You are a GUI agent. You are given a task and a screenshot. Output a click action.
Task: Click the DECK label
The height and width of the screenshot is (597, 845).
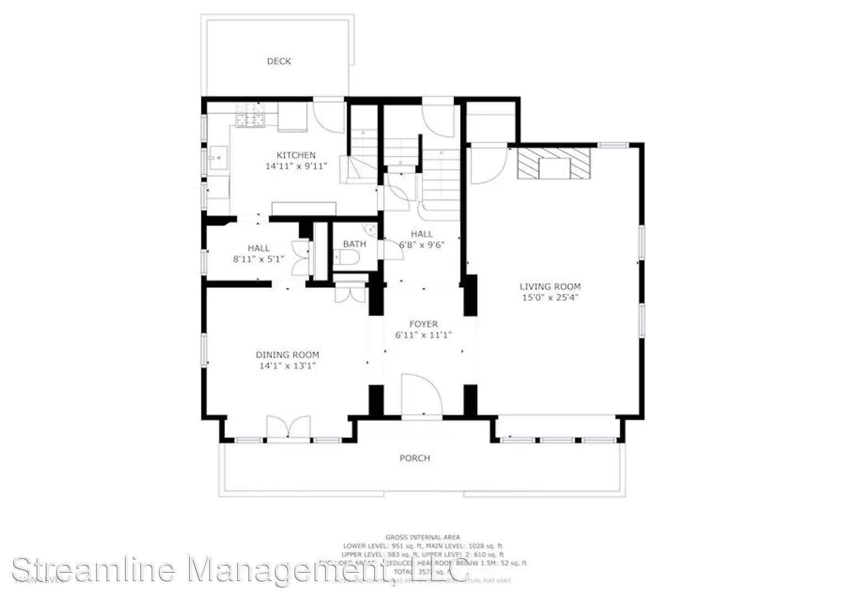click(279, 61)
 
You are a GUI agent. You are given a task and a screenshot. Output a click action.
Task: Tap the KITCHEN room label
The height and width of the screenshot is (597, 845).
click(296, 155)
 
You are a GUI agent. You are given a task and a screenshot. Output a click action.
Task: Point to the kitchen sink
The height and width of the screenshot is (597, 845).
click(219, 158)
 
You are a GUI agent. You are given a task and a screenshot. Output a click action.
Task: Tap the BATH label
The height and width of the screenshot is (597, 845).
click(354, 244)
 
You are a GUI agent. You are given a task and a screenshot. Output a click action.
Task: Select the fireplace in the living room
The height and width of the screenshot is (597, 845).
click(554, 163)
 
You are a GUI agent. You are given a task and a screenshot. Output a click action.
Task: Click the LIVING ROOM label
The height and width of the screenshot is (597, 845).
click(550, 286)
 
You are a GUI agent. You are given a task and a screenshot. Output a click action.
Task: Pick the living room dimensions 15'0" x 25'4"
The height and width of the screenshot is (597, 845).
click(550, 297)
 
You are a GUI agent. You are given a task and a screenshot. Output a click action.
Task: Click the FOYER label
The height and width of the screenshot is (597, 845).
click(424, 324)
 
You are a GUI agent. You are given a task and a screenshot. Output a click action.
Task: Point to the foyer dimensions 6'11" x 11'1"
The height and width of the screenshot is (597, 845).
click(424, 334)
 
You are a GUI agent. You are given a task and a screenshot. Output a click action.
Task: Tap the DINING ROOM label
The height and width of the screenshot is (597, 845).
click(287, 355)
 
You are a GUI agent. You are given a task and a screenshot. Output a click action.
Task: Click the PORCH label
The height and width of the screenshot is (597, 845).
click(415, 458)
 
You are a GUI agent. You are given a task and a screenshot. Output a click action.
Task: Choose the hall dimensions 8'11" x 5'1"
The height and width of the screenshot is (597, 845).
click(259, 258)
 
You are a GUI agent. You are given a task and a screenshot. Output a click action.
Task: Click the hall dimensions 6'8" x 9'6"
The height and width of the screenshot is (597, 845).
click(422, 244)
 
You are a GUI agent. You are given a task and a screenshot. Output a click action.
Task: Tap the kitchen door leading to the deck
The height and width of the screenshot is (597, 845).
click(330, 116)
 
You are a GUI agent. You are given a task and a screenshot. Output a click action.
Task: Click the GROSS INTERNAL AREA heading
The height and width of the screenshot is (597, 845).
click(422, 537)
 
